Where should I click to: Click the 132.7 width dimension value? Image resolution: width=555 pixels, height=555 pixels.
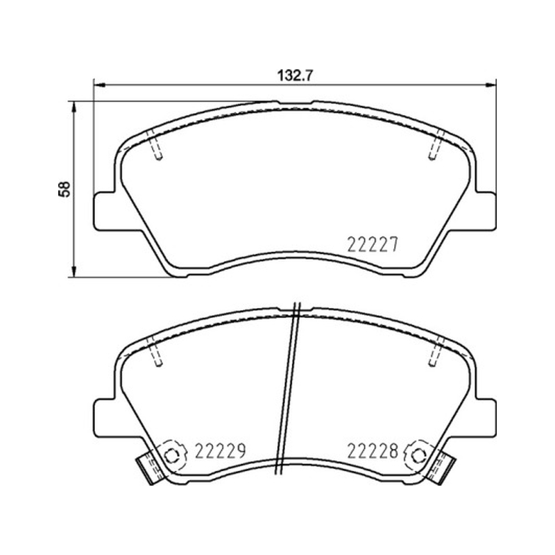pyautogui.click(x=295, y=76)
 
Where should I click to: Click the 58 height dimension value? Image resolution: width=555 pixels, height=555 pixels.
pyautogui.click(x=65, y=189)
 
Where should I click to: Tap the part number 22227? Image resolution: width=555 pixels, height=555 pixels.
pyautogui.click(x=373, y=245)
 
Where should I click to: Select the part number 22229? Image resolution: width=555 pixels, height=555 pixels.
pyautogui.click(x=221, y=451)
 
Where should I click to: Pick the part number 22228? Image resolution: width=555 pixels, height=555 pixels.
pyautogui.click(x=373, y=451)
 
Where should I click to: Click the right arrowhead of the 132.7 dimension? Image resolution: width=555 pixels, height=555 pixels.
pyautogui.click(x=490, y=85)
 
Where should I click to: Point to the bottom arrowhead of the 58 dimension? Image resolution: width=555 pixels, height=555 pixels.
pyautogui.click(x=74, y=272)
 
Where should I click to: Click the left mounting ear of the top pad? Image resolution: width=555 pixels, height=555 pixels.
pyautogui.click(x=105, y=211)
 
